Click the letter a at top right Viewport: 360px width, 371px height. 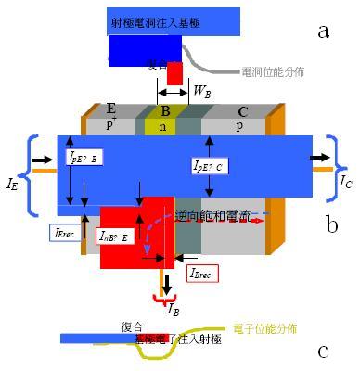point(323,32)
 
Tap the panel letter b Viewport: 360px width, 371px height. point(331,224)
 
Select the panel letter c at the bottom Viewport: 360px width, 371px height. point(323,351)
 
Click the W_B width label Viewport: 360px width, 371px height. point(200,91)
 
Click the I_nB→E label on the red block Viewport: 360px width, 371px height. point(118,237)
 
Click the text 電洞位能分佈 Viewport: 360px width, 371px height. point(276,70)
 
